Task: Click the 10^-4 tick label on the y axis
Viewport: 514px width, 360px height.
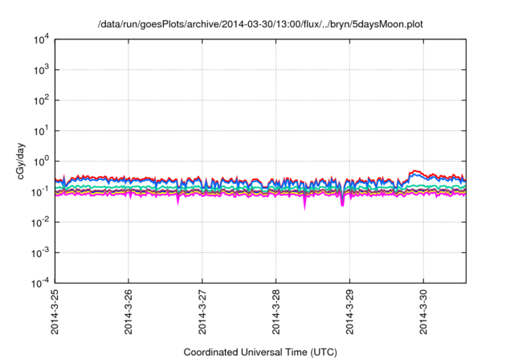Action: pos(39,284)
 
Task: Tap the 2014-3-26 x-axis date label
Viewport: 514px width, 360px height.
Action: pos(128,313)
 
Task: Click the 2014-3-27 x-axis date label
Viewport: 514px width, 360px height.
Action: pos(202,313)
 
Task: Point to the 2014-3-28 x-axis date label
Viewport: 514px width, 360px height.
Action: pos(276,313)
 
